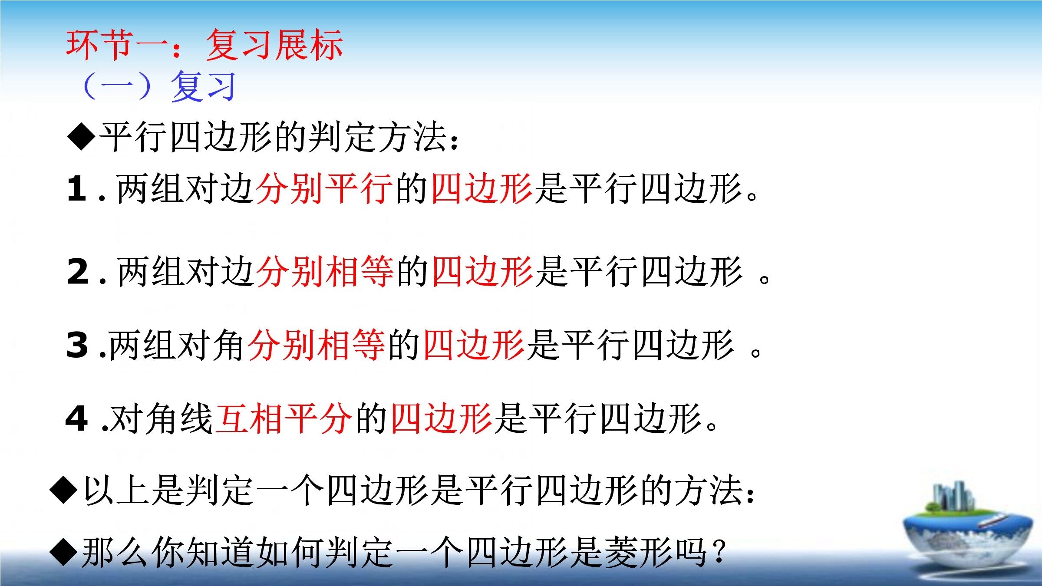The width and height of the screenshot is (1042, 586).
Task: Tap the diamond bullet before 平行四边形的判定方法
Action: (81, 136)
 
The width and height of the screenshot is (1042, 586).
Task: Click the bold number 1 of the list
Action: (77, 188)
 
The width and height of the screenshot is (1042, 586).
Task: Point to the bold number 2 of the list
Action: (78, 271)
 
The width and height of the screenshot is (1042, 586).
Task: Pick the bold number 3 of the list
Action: (77, 345)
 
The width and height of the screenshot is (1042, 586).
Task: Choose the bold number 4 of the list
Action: (76, 418)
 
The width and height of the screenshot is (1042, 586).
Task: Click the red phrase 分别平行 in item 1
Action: (325, 188)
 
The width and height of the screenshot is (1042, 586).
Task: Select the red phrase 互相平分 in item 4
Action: (284, 418)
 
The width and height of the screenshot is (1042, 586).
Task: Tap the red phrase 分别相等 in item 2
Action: (325, 271)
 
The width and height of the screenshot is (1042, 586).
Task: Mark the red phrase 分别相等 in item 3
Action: (317, 345)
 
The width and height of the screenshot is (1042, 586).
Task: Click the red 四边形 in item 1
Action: (482, 188)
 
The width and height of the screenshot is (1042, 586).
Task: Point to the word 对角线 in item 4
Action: (162, 418)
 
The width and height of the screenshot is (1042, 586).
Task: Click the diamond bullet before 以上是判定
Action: (64, 490)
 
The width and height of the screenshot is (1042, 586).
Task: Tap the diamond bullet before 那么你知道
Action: (64, 552)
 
